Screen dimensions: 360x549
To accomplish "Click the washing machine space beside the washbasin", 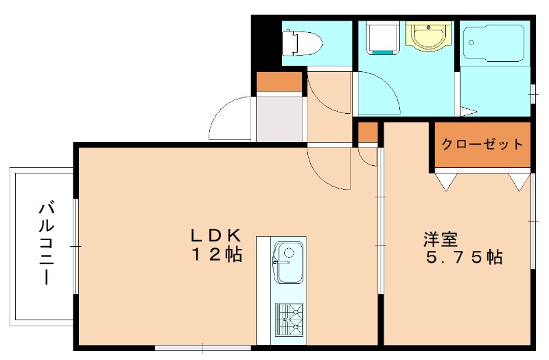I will [380, 38].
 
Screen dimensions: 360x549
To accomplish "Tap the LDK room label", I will [215, 235].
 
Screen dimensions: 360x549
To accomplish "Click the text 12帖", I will [215, 255].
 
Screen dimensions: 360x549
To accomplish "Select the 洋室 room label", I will [440, 239].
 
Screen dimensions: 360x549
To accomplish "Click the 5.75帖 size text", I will [464, 258].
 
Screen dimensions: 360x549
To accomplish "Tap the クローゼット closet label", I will [482, 145].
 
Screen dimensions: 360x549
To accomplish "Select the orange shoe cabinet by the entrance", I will [279, 82].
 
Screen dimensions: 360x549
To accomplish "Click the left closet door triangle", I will [445, 181].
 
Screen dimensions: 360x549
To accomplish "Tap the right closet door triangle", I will [519, 181].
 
